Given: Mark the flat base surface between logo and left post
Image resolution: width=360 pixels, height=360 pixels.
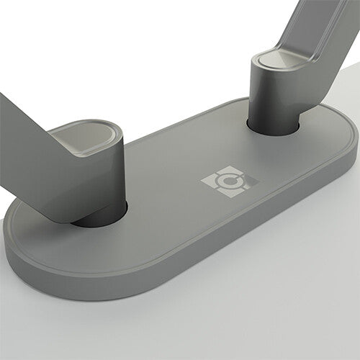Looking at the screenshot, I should [x=166, y=194].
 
